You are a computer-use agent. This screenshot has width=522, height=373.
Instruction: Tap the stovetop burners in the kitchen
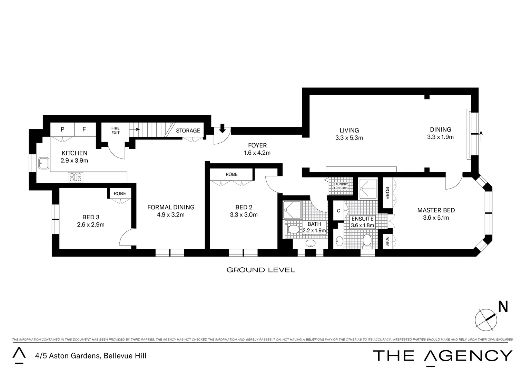[76, 177]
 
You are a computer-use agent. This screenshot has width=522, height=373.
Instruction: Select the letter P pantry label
[62, 130]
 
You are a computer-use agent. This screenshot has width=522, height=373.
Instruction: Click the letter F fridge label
[84, 130]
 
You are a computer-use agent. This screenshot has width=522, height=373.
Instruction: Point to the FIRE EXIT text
[115, 131]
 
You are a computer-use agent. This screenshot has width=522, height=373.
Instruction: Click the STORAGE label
[188, 131]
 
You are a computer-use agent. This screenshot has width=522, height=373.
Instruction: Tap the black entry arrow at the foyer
[222, 129]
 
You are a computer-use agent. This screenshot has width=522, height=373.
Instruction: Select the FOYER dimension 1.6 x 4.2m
[257, 153]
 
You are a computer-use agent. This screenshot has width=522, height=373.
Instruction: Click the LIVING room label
[349, 130]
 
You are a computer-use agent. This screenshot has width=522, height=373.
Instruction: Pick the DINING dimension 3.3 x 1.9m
[440, 137]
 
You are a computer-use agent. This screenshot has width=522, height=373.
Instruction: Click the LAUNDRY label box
[341, 186]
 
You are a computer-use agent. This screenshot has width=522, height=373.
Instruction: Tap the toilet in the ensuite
[367, 240]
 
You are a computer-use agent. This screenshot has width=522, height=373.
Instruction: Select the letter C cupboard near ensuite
[338, 211]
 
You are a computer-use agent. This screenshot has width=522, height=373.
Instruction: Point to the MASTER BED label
[436, 210]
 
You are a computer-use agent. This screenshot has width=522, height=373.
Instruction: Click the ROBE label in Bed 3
[120, 193]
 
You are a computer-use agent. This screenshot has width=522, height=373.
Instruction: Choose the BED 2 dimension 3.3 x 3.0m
[244, 214]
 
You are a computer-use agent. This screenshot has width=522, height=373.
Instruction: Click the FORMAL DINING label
[171, 207]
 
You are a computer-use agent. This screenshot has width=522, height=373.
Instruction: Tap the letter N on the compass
[503, 307]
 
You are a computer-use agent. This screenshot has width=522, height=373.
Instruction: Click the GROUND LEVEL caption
[260, 270]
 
